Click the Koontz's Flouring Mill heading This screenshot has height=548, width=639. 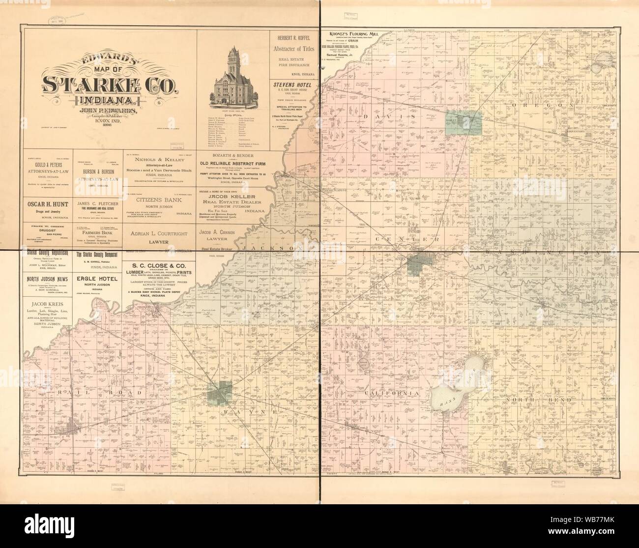[355, 33]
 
